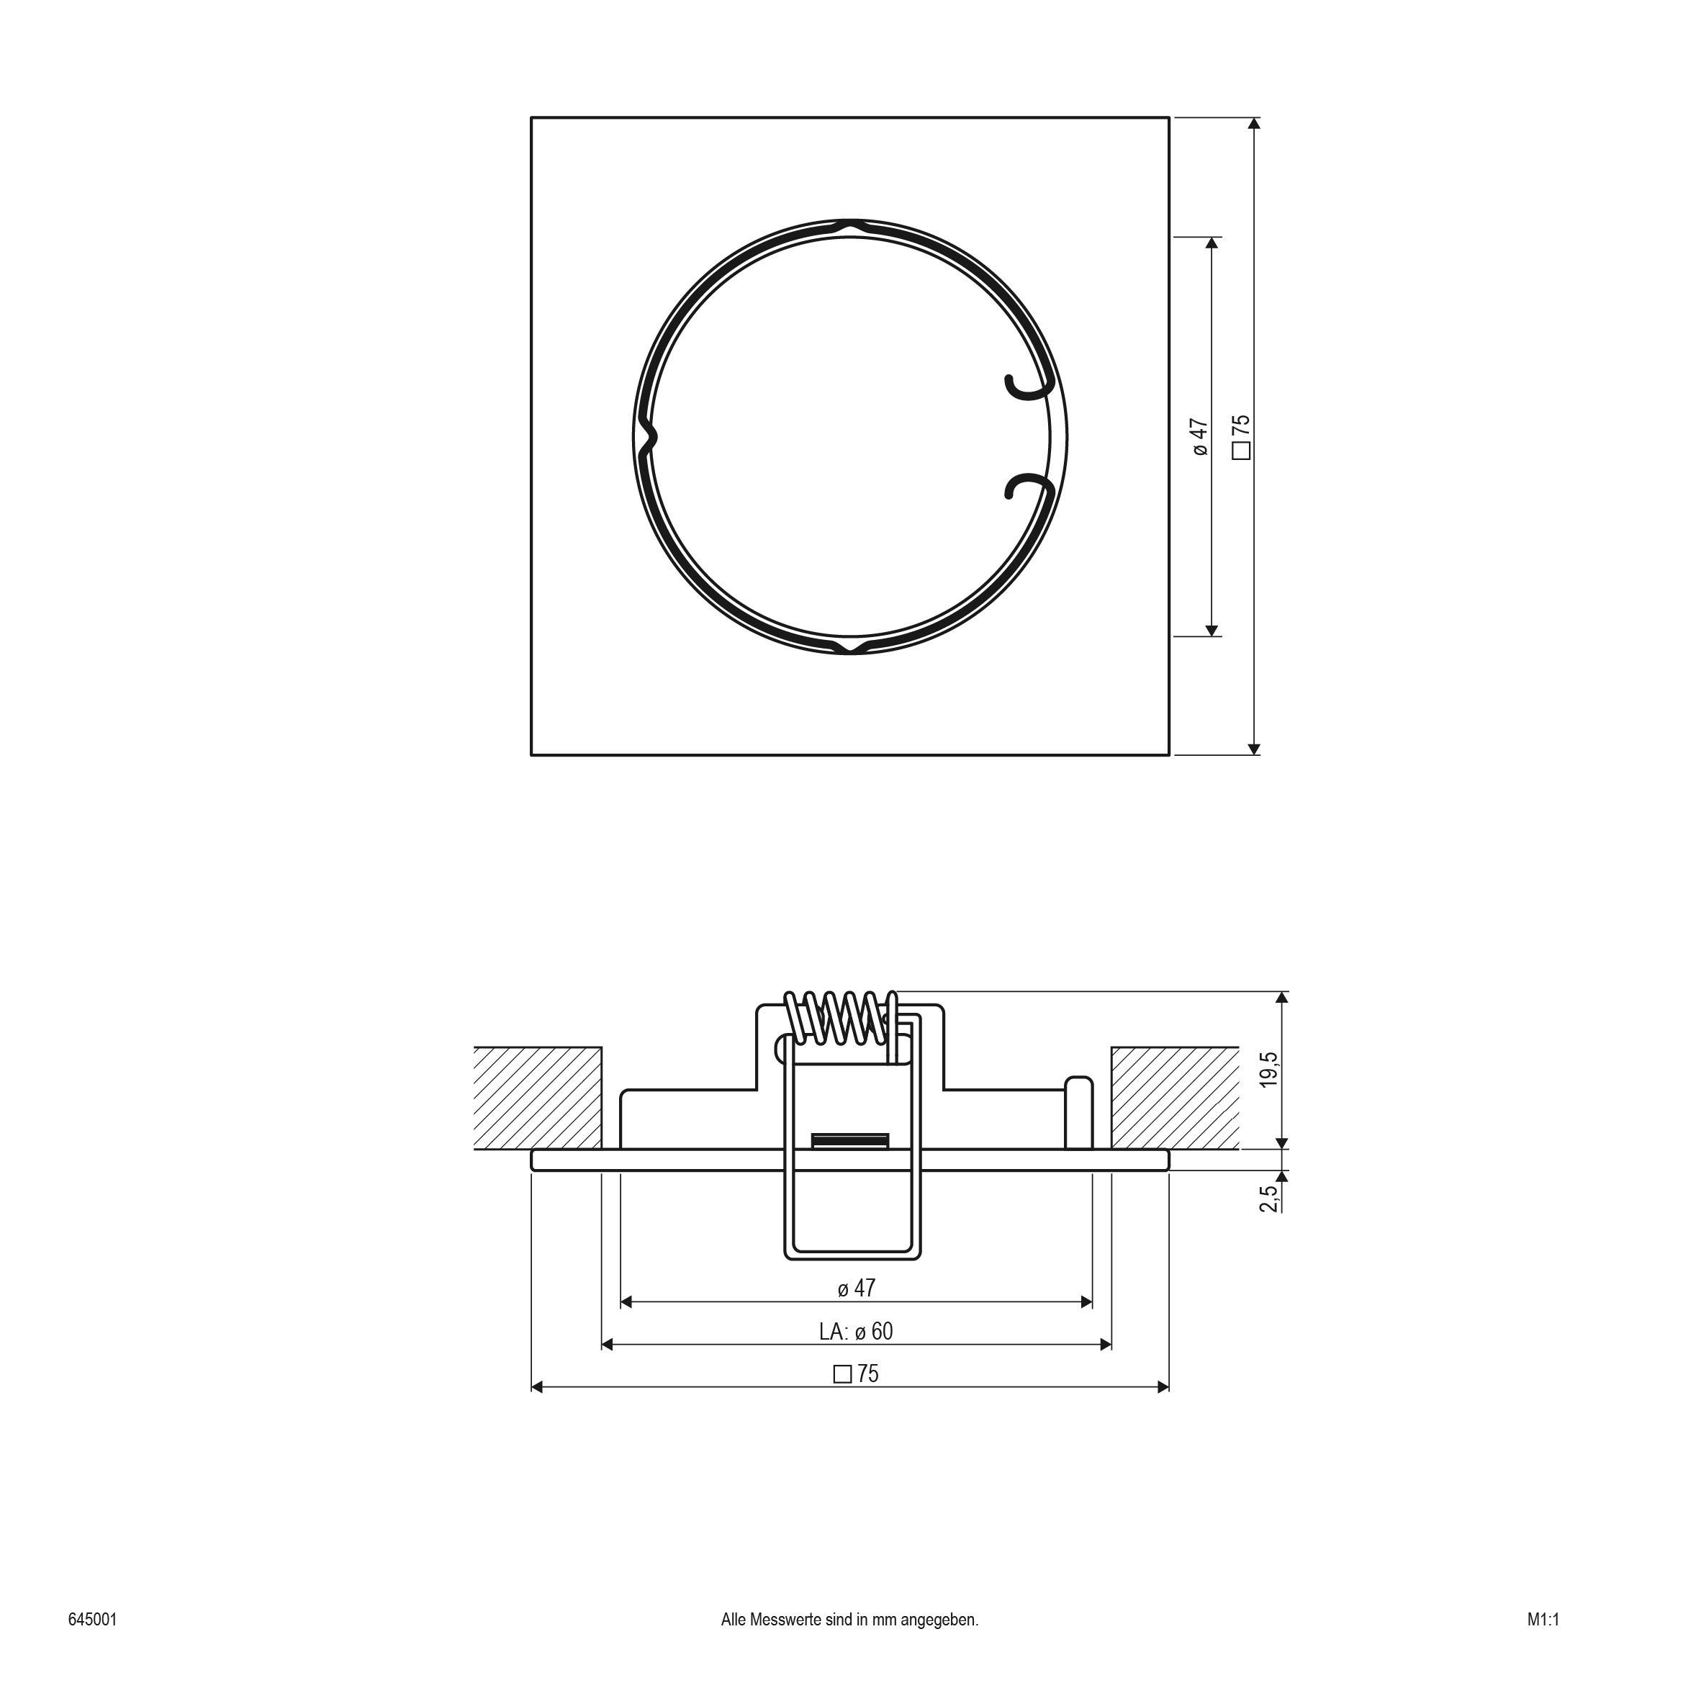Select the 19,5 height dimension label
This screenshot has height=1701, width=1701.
(x=1268, y=1069)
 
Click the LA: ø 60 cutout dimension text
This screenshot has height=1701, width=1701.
(x=856, y=1331)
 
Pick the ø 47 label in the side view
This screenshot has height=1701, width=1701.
(x=856, y=1288)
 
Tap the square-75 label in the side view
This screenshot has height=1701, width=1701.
(x=856, y=1373)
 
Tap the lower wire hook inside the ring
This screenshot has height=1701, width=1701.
(x=1027, y=487)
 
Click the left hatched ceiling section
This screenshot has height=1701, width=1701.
(x=537, y=1098)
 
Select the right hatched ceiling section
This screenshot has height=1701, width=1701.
(x=1175, y=1098)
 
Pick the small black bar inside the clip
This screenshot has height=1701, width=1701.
(x=849, y=1141)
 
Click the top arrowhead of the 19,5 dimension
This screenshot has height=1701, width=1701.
(x=1282, y=998)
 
